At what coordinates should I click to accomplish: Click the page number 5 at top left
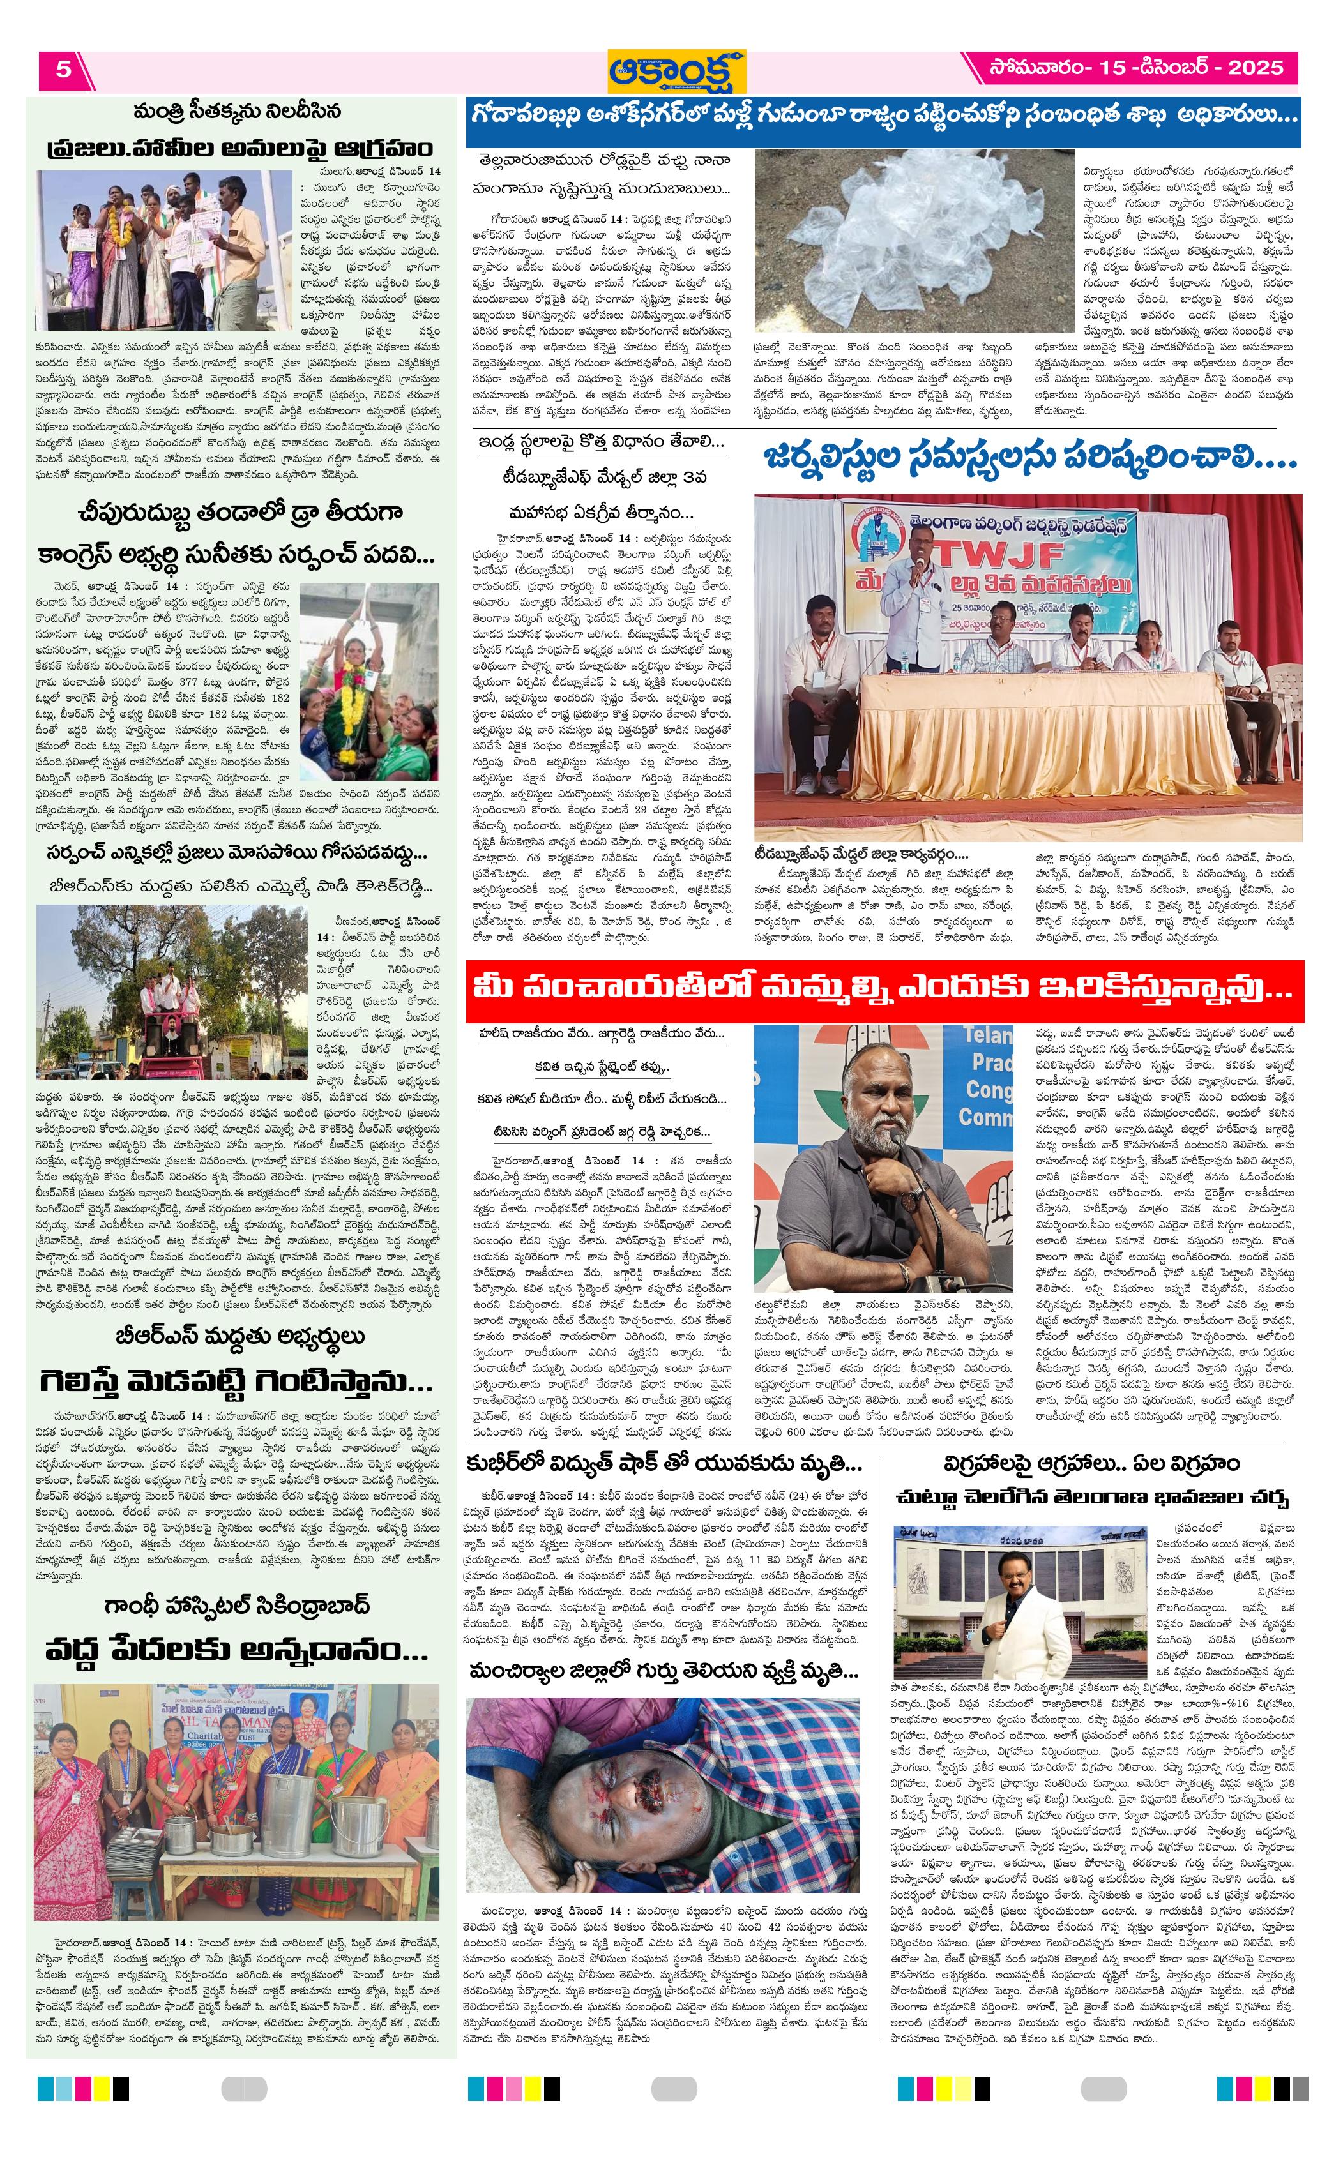click(63, 70)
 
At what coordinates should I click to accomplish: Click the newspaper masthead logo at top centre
click(676, 70)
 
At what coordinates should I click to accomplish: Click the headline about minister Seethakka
click(238, 112)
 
